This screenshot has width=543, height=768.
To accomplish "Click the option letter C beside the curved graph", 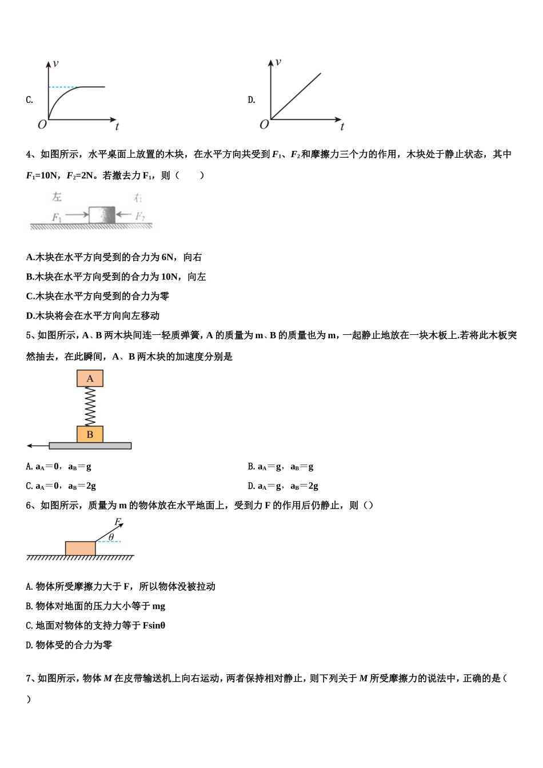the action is point(29,100).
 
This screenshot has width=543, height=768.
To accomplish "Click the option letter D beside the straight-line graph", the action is point(251,100).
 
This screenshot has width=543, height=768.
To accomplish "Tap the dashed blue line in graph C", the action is point(65,87).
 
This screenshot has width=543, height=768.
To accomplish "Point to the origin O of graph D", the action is point(263,124).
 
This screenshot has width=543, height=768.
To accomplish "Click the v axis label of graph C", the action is point(55,63).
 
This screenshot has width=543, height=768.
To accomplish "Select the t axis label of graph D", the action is point(342,126).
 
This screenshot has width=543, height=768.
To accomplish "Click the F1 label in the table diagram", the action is point(57,217).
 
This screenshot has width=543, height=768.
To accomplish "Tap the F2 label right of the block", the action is point(140,216).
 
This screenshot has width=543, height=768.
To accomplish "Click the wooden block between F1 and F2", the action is point(102,215).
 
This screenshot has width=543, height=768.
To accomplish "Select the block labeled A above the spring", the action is point(90,378).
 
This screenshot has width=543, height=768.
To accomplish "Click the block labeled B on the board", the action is point(90,434).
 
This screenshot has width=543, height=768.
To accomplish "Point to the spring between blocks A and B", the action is point(90,406).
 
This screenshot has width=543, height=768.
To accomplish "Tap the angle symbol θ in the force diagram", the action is point(111,537).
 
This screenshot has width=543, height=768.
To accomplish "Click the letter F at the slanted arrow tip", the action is point(117,521).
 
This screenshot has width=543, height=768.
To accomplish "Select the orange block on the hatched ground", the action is point(80,548).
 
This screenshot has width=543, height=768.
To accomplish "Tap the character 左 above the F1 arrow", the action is point(57,197).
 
